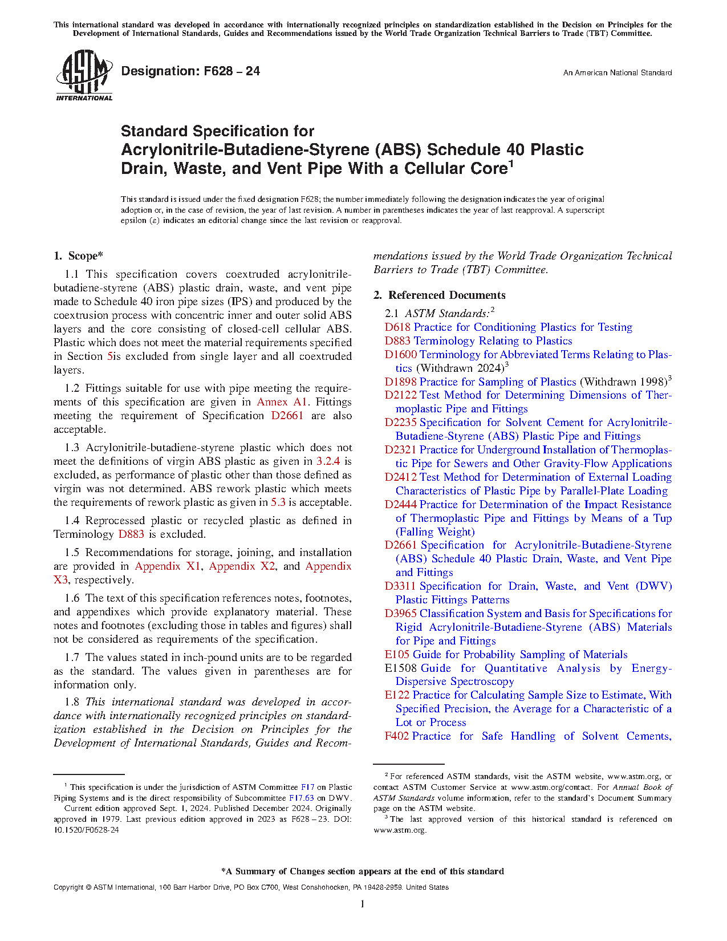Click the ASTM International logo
pos(84,75)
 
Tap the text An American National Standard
pos(617,73)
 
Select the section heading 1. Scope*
pos(78,256)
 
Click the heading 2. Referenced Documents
pos(439,295)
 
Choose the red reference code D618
pos(397,327)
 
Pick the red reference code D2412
pos(400,477)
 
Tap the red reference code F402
pos(396,736)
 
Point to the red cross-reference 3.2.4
pos(328,461)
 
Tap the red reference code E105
pos(397,655)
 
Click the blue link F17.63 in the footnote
pos(301,798)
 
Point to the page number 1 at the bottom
pos(363,904)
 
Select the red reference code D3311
pos(400,586)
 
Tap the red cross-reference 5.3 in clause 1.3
pos(278,502)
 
